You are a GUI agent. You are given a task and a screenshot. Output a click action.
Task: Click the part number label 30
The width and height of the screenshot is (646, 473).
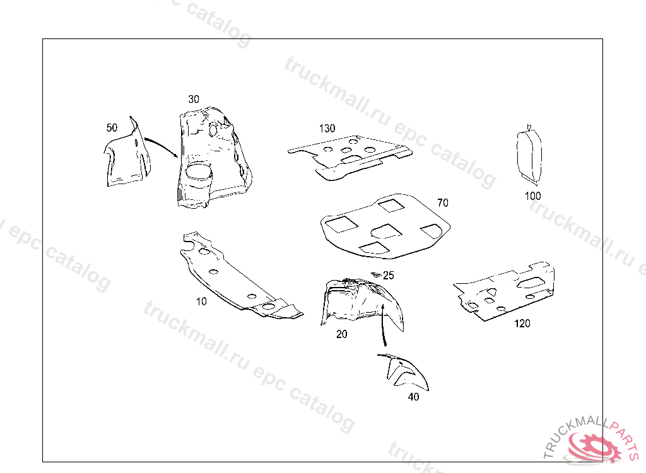[194, 99]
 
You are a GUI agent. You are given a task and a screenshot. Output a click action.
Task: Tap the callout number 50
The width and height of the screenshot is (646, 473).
[112, 127]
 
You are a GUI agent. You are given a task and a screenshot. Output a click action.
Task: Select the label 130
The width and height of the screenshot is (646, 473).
[327, 129]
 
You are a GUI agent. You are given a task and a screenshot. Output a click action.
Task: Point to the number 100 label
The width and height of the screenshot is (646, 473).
[532, 196]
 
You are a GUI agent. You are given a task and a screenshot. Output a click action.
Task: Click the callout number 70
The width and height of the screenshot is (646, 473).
[443, 202]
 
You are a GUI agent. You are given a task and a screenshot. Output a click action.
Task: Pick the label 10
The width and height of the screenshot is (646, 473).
[201, 301]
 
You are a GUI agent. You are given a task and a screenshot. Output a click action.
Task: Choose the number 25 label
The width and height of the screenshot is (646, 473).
[388, 275]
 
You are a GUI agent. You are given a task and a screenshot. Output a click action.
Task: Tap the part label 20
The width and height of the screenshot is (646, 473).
[341, 334]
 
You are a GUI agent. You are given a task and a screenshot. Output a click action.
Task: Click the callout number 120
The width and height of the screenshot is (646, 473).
[522, 324]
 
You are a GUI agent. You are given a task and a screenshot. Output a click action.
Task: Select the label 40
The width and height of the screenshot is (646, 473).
[413, 397]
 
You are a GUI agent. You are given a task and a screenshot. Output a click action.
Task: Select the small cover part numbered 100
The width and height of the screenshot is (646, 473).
[529, 155]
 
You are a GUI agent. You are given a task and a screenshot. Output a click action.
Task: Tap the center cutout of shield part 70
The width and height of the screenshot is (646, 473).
[386, 231]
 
